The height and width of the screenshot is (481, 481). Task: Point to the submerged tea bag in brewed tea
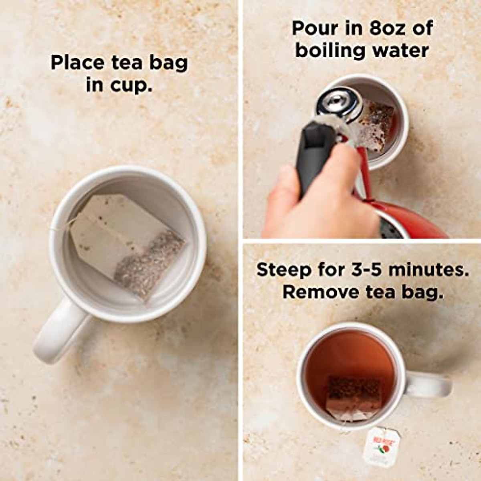pyautogui.click(x=353, y=397)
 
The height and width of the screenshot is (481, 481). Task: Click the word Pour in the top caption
pyautogui.click(x=314, y=28)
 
